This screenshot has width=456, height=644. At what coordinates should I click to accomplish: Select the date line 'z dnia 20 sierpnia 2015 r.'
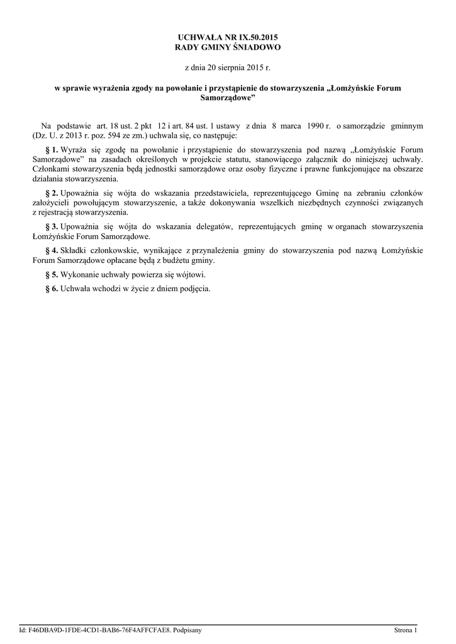coord(228,66)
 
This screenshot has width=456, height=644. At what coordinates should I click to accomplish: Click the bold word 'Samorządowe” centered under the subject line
coord(228,98)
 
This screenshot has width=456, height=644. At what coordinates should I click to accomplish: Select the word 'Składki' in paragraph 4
coord(75,250)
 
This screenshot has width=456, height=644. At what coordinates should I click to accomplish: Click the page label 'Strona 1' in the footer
coord(406,630)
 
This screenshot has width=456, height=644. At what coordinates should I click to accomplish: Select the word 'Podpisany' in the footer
coord(187,630)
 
